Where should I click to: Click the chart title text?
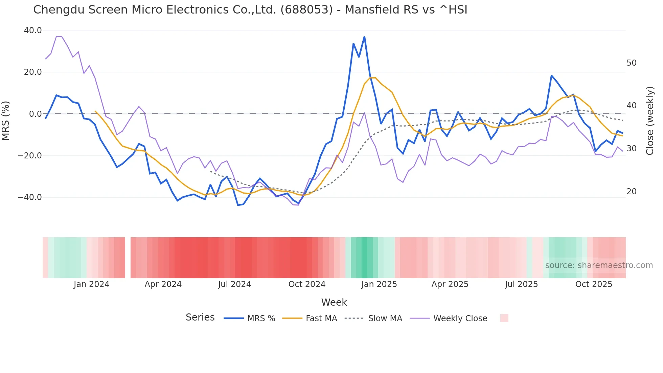click(x=250, y=10)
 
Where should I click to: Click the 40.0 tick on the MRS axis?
click(x=33, y=30)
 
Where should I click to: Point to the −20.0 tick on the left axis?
click(x=30, y=156)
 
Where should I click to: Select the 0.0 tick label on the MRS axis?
click(x=35, y=114)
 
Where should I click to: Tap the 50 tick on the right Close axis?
click(x=631, y=63)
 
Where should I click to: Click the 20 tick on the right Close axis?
click(x=631, y=192)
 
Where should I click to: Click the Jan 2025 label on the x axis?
click(x=379, y=284)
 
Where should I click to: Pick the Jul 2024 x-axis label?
click(x=234, y=284)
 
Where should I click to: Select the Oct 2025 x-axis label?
click(x=594, y=284)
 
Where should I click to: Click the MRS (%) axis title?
click(x=6, y=120)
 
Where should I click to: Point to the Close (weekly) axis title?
click(x=650, y=120)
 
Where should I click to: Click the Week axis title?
click(x=334, y=302)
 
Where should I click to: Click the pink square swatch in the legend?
click(x=504, y=318)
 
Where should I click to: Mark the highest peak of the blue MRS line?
click(x=364, y=37)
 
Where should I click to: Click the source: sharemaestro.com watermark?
click(x=599, y=265)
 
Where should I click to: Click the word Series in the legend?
click(x=200, y=317)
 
